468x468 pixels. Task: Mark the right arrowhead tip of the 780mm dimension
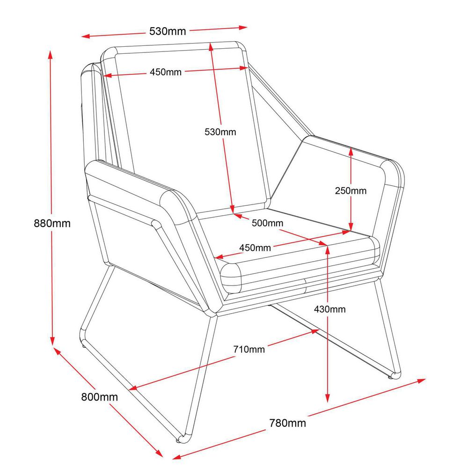(425, 379)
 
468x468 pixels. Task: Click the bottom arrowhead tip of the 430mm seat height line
(328, 402)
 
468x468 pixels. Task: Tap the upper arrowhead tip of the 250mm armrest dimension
(351, 148)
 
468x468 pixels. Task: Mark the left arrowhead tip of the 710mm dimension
(129, 389)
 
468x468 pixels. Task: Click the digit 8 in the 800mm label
(84, 397)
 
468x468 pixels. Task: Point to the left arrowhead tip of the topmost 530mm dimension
(81, 37)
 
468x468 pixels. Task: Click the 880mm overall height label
(52, 223)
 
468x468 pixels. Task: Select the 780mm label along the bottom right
(288, 423)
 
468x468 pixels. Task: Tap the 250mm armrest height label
(351, 191)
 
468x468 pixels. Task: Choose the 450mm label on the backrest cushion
(166, 72)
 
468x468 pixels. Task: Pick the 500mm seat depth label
(267, 223)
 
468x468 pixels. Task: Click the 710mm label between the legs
(249, 349)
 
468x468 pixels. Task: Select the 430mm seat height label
(330, 309)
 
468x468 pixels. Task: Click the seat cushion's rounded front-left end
(231, 278)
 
